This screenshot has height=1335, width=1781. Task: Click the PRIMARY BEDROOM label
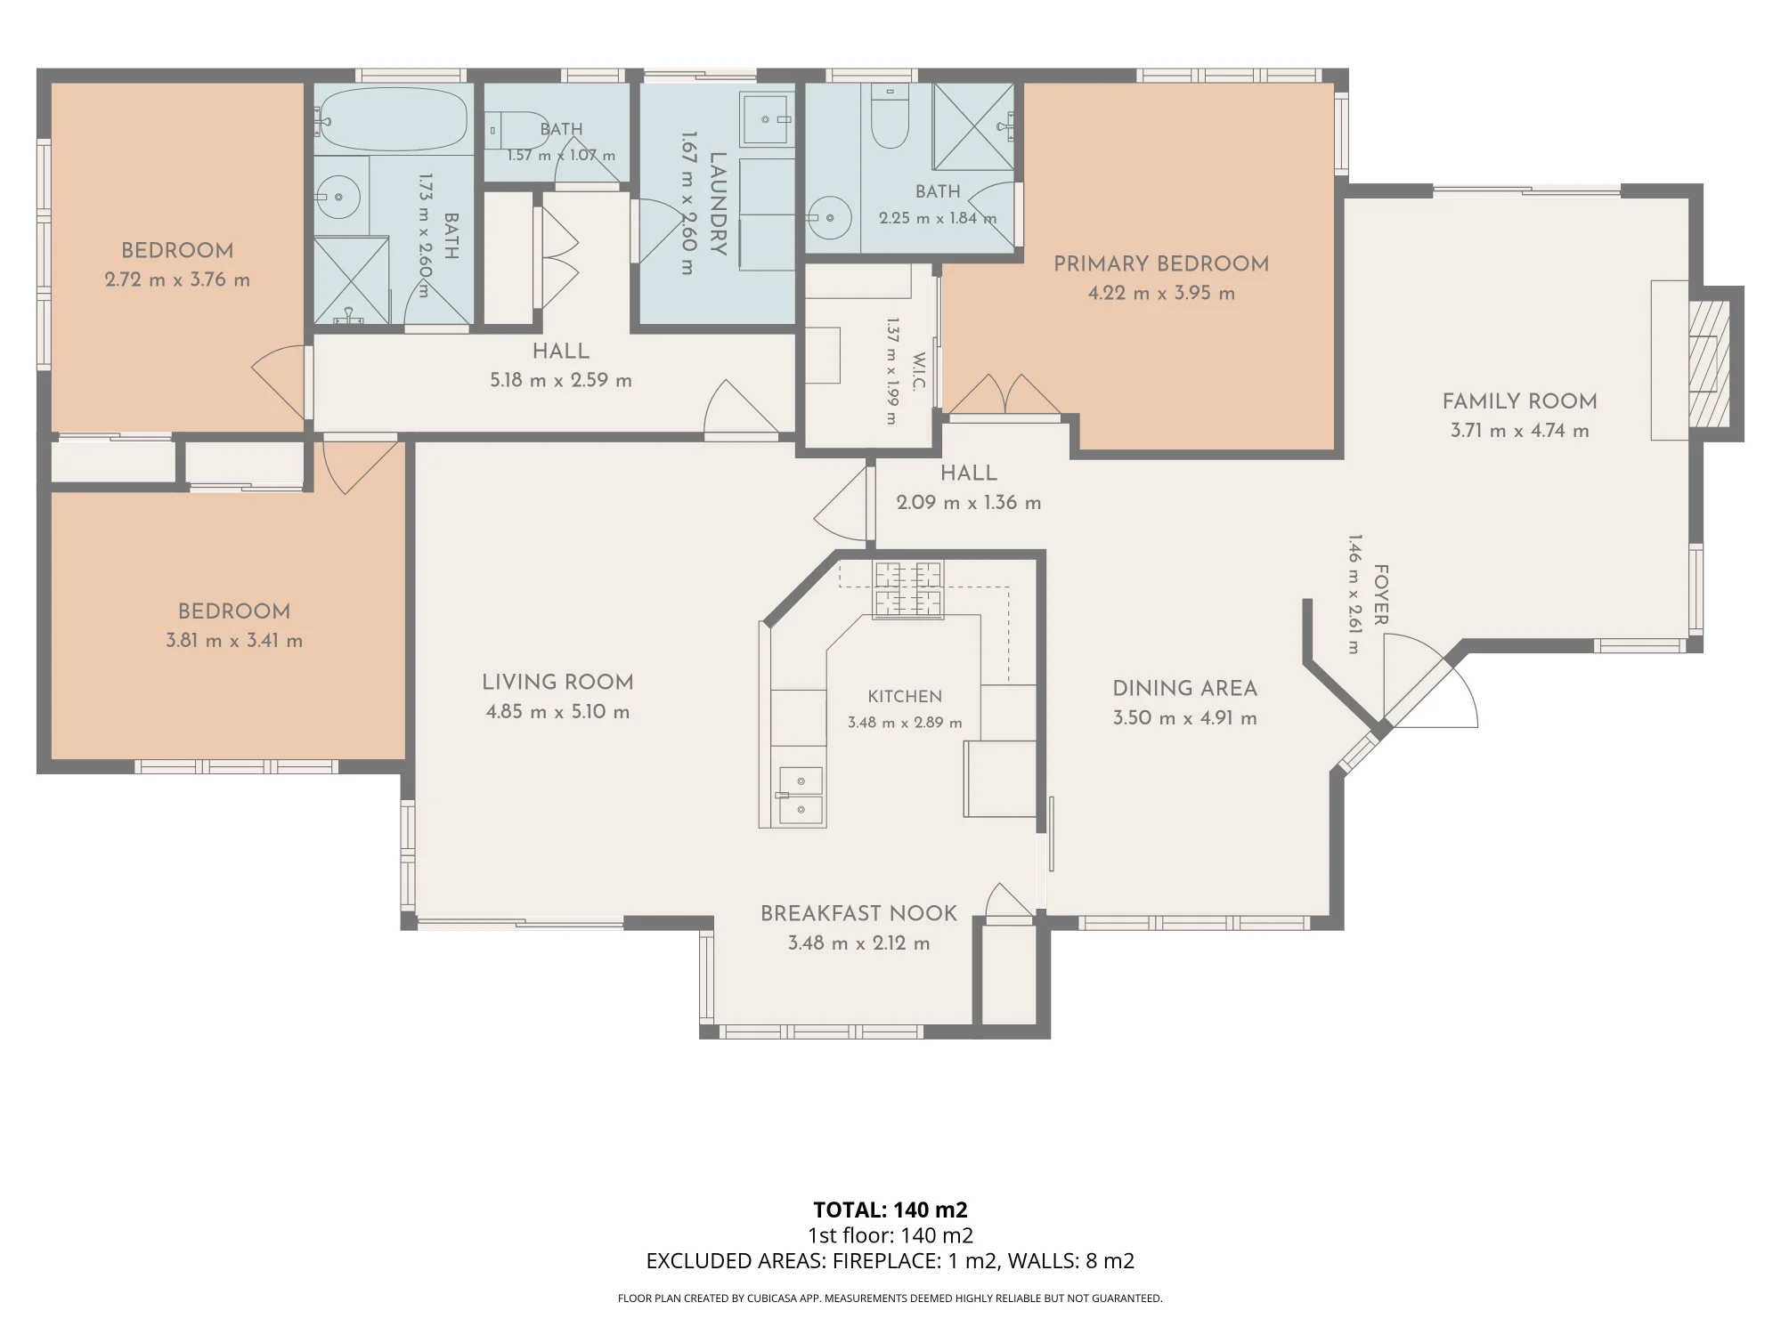click(x=1161, y=263)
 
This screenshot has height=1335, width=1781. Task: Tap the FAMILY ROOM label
click(x=1519, y=401)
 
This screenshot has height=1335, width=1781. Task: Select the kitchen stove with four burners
click(x=907, y=590)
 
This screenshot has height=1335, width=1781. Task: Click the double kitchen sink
click(x=801, y=796)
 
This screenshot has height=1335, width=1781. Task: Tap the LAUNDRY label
click(x=718, y=204)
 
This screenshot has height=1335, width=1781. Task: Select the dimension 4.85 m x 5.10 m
click(x=557, y=712)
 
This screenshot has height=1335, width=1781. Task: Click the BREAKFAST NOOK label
click(x=858, y=913)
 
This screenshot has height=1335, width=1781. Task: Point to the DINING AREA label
click(x=1184, y=688)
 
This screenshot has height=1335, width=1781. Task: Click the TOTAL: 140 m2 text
click(x=890, y=1210)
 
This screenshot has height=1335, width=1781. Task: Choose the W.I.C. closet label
click(x=920, y=371)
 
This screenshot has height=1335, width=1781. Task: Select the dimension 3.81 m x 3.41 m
click(x=234, y=641)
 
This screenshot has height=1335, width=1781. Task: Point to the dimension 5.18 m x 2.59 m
click(x=561, y=381)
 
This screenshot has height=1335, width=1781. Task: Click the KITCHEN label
click(x=905, y=697)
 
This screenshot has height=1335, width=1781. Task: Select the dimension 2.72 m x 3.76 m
click(x=177, y=279)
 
